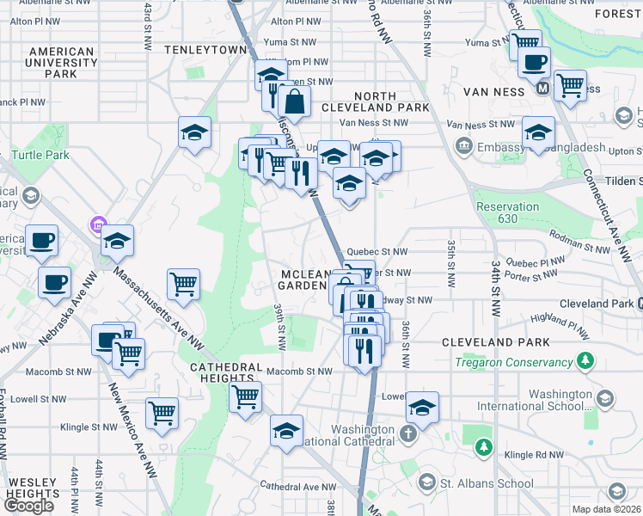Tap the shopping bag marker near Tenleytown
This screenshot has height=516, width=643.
point(294,101)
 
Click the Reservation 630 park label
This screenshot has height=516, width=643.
point(507,212)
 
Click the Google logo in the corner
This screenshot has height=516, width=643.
point(28,506)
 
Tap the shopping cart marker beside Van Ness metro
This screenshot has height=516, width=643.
point(570,85)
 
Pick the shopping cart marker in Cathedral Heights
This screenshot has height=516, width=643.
point(245,397)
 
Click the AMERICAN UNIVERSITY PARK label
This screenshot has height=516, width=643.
point(62,62)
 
